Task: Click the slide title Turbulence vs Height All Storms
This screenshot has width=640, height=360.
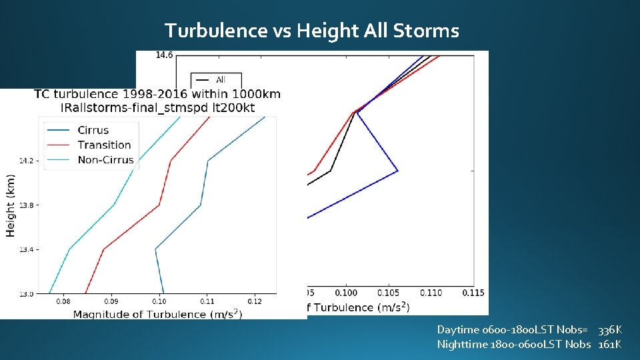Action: pyautogui.click(x=311, y=31)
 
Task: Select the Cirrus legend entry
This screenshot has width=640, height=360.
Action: pyautogui.click(x=93, y=130)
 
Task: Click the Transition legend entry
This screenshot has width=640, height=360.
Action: pyautogui.click(x=104, y=145)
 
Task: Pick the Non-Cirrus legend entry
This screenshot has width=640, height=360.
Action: pyautogui.click(x=105, y=160)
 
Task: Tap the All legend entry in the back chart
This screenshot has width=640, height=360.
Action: pyautogui.click(x=221, y=80)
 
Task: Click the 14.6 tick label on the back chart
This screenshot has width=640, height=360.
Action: pyautogui.click(x=164, y=55)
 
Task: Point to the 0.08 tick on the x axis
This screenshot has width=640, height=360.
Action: pyautogui.click(x=63, y=302)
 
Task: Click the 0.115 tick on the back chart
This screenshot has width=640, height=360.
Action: pyautogui.click(x=473, y=293)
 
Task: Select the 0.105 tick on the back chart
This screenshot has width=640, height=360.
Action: pyautogui.click(x=389, y=293)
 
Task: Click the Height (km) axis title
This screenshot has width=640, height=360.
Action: pyautogui.click(x=11, y=205)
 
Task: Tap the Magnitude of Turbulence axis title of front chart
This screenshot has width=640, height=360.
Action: pyautogui.click(x=157, y=314)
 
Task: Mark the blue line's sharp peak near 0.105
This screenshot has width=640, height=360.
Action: pyautogui.click(x=397, y=171)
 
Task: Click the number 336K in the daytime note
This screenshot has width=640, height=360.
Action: pyautogui.click(x=609, y=330)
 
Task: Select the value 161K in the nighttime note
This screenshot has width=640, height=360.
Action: pyautogui.click(x=609, y=344)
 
